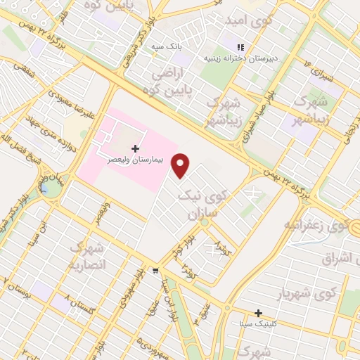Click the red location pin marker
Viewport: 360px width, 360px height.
(x=181, y=165)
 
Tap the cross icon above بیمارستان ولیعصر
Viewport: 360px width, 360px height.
(x=136, y=149)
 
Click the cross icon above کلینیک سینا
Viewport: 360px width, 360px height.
(x=258, y=313)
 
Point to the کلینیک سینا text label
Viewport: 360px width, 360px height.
(x=258, y=323)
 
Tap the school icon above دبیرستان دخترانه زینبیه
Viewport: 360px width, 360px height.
(x=240, y=49)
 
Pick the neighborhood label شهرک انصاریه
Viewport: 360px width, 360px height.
(x=86, y=257)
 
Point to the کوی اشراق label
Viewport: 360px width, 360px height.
(x=340, y=257)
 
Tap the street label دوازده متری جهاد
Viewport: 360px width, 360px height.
(x=41, y=131)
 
